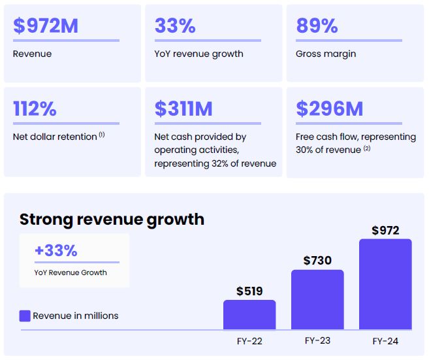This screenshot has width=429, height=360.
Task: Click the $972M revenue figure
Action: [46, 25]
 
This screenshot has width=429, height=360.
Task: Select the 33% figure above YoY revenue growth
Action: [175, 25]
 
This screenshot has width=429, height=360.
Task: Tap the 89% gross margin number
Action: [317, 25]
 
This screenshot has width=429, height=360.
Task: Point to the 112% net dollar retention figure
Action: [35, 108]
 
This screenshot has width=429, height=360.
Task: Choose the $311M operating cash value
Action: [183, 108]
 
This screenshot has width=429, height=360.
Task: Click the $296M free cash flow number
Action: [329, 108]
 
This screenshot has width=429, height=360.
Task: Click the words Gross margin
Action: [326, 54]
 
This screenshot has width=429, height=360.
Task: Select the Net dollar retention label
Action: [54, 137]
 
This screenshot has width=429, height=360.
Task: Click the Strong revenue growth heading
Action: [112, 219]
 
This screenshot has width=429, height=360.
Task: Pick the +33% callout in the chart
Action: [56, 251]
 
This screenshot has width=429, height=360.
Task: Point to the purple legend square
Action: [25, 316]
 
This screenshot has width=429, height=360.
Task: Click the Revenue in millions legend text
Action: [76, 316]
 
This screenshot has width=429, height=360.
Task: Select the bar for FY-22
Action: [249, 314]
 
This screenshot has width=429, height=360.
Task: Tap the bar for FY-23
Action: [317, 299]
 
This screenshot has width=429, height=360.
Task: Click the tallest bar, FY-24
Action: [385, 284]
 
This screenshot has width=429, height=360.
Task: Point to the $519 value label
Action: [249, 291]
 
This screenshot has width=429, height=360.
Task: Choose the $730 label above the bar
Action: [317, 260]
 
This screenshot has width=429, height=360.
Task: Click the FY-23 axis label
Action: [317, 340]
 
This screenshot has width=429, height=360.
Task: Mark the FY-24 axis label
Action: [385, 340]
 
